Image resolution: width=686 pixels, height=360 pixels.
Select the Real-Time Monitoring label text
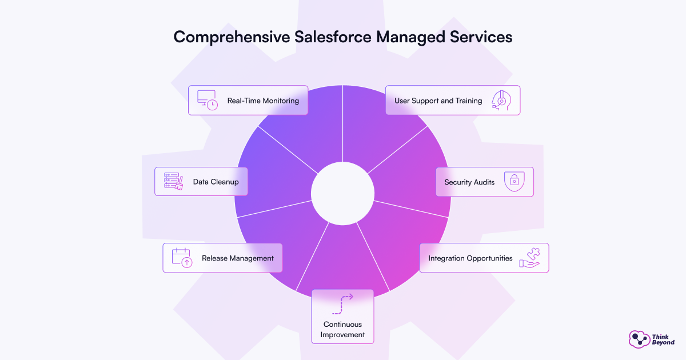tap(263, 101)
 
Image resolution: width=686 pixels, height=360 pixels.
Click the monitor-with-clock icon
tap(207, 100)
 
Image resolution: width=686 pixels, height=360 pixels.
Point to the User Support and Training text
tap(438, 101)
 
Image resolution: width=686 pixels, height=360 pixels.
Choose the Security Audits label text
tap(470, 182)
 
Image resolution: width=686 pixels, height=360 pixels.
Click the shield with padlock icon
tap(514, 182)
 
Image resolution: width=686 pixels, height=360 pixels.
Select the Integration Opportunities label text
tap(470, 258)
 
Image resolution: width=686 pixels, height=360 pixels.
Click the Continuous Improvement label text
tap(342, 330)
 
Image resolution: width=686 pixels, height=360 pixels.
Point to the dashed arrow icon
tap(342, 305)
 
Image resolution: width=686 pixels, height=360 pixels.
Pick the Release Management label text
tap(238, 258)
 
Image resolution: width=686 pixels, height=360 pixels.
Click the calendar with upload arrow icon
tap(182, 258)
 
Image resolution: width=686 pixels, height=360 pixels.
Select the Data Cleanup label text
tap(216, 182)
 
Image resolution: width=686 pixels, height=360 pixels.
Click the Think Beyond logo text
tap(663, 339)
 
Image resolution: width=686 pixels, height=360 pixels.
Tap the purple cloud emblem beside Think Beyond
tap(639, 339)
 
